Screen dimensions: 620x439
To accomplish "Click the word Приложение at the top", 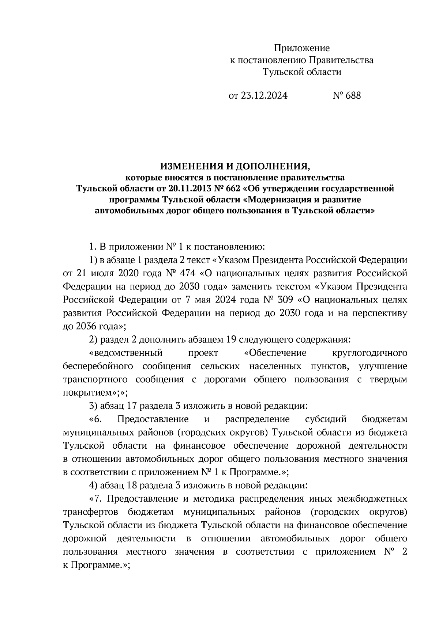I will [302, 48].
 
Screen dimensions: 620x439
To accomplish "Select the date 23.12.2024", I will [264, 96].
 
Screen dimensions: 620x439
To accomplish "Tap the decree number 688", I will [353, 96].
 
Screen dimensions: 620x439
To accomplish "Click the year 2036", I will [86, 326].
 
